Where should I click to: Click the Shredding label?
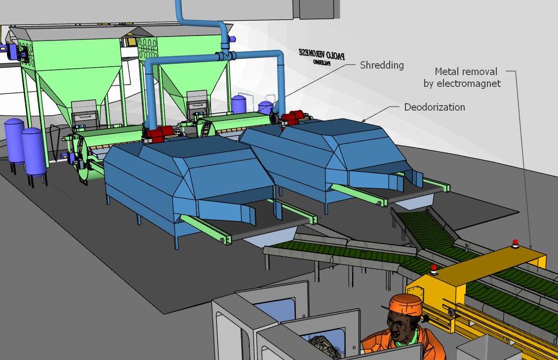coord(382,65)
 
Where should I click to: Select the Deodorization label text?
coord(434,107)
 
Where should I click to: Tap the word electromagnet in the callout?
coord(469,83)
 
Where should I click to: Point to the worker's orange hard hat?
coord(406,304)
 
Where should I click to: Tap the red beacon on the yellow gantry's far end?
coord(515,243)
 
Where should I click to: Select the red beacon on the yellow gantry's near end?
coord(434,270)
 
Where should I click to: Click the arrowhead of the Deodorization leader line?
coord(363,120)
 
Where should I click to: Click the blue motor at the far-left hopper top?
coord(11,51)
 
